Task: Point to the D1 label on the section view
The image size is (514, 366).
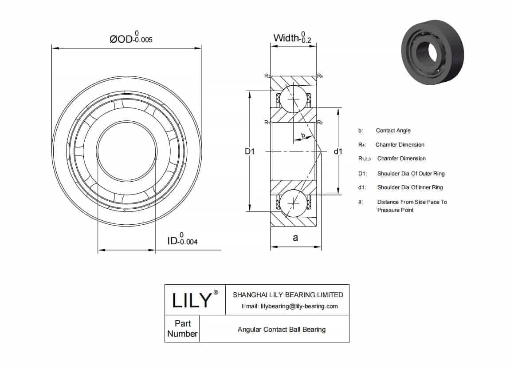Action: pyautogui.click(x=250, y=152)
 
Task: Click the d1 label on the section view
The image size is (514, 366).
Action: pyautogui.click(x=337, y=152)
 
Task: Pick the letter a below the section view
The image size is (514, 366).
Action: pyautogui.click(x=295, y=238)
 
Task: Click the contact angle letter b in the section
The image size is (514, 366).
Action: pyautogui.click(x=303, y=135)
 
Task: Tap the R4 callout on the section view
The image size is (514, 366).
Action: pyautogui.click(x=320, y=76)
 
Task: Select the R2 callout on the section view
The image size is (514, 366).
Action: pyautogui.click(x=320, y=123)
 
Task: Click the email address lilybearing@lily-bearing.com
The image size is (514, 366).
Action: pyautogui.click(x=289, y=306)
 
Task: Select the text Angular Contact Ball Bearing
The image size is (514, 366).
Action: pyautogui.click(x=281, y=330)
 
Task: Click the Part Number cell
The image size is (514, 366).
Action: pyautogui.click(x=182, y=329)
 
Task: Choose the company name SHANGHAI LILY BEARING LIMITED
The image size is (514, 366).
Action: pyautogui.click(x=288, y=294)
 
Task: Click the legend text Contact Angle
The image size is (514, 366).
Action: pyautogui.click(x=393, y=131)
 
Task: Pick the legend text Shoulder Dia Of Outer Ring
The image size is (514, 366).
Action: pyautogui.click(x=411, y=173)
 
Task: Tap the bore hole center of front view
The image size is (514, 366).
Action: pyautogui.click(x=127, y=151)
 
